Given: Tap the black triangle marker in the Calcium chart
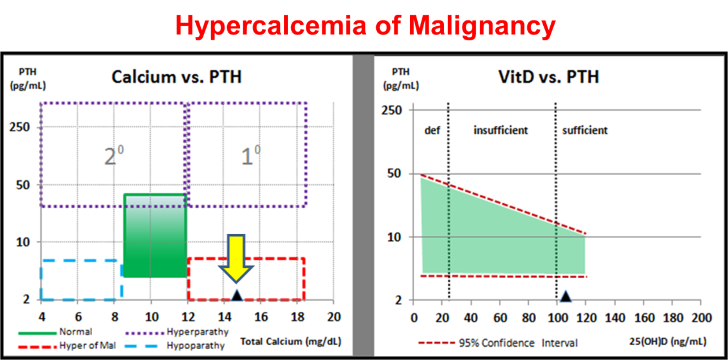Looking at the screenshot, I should [x=237, y=295].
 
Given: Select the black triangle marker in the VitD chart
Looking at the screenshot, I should [x=566, y=296].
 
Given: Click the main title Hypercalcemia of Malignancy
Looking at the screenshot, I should [x=365, y=26].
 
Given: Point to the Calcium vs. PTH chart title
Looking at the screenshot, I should [x=177, y=77].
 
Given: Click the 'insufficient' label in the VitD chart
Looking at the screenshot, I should [x=500, y=130].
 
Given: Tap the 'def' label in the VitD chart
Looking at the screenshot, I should [x=432, y=130].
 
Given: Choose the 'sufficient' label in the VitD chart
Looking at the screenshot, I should [x=585, y=130].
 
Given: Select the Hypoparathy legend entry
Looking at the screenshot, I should [x=193, y=346].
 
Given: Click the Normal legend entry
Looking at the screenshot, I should [x=75, y=332].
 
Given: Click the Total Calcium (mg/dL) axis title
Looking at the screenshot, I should [x=290, y=342].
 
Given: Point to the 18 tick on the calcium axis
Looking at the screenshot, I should [x=297, y=317].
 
